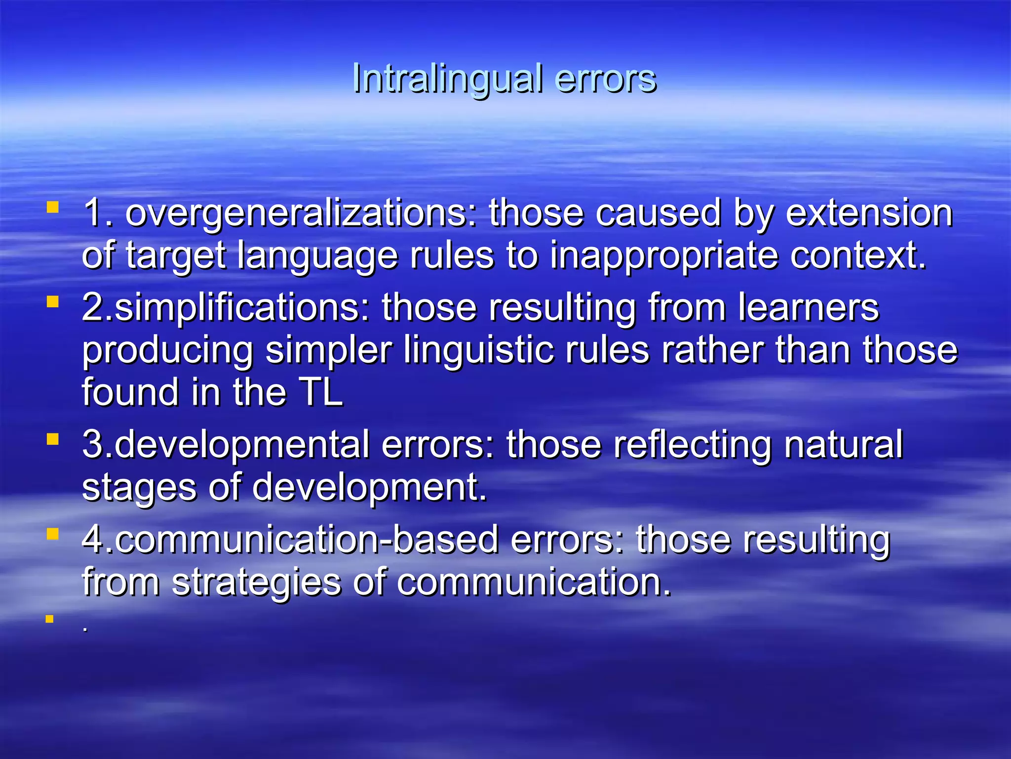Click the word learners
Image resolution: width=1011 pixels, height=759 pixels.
pos(809,307)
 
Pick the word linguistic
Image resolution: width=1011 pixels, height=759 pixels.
pos(478,350)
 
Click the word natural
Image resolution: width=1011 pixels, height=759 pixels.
pos(843,445)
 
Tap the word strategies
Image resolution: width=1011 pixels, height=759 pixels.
pos(256,582)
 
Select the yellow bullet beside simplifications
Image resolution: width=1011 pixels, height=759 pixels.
pos(52,301)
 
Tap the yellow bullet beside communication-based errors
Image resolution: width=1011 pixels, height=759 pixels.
pos(52,534)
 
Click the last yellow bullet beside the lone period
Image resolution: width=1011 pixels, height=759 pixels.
pos(49,619)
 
